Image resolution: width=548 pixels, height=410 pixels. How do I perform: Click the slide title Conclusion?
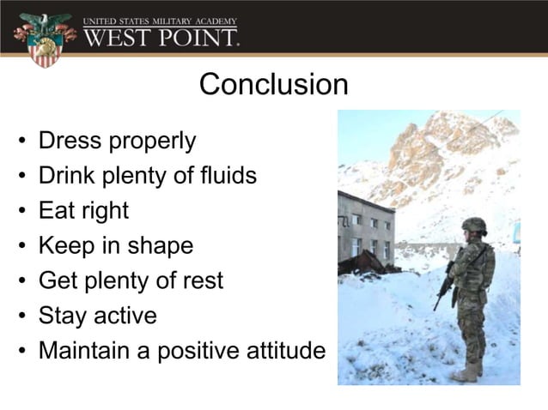[273, 85]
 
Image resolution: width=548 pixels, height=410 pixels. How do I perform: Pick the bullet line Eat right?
[83, 211]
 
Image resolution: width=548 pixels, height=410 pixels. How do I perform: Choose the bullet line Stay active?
[97, 317]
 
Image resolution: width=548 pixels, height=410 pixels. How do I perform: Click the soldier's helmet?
[473, 226]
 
